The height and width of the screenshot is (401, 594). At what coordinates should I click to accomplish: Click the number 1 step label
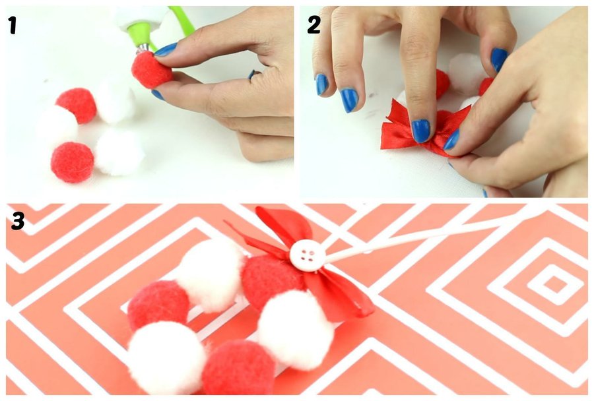tap(13, 26)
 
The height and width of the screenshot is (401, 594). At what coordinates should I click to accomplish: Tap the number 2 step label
tap(314, 25)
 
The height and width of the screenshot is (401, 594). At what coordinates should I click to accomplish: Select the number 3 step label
tap(18, 221)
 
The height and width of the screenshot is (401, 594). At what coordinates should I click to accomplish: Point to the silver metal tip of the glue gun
tap(143, 48)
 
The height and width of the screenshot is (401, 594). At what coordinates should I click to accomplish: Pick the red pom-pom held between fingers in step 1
tap(152, 71)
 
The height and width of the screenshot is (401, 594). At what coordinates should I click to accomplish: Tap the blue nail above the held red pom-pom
tap(166, 49)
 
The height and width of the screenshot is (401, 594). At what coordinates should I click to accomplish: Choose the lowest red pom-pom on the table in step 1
tap(73, 162)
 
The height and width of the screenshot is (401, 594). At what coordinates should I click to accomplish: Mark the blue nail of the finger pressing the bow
tap(421, 131)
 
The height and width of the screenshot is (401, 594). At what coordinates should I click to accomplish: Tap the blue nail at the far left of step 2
tap(321, 84)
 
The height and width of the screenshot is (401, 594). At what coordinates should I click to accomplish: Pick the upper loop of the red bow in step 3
tap(284, 227)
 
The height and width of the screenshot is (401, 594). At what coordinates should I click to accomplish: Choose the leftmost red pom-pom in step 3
tap(158, 305)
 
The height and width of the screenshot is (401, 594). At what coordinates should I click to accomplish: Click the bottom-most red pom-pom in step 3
tap(239, 367)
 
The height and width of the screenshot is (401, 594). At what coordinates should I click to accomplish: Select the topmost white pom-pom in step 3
tap(211, 274)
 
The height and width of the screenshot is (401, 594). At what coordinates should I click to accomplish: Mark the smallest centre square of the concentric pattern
tap(555, 284)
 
